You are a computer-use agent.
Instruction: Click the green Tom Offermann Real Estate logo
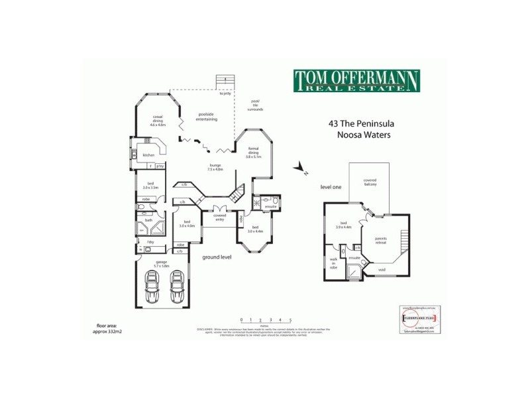[356, 82]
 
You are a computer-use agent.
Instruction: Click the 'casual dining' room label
[158, 119]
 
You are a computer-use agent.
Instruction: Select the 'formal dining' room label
[254, 153]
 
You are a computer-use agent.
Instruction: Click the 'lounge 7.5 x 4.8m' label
[215, 167]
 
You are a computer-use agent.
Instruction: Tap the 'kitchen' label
[148, 155]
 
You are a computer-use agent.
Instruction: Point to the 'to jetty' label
[225, 94]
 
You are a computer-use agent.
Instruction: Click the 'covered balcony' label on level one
[370, 182]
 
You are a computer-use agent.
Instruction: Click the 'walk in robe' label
[333, 263]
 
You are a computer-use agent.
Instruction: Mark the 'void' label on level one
[382, 269]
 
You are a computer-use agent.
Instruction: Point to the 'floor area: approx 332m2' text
[110, 328]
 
